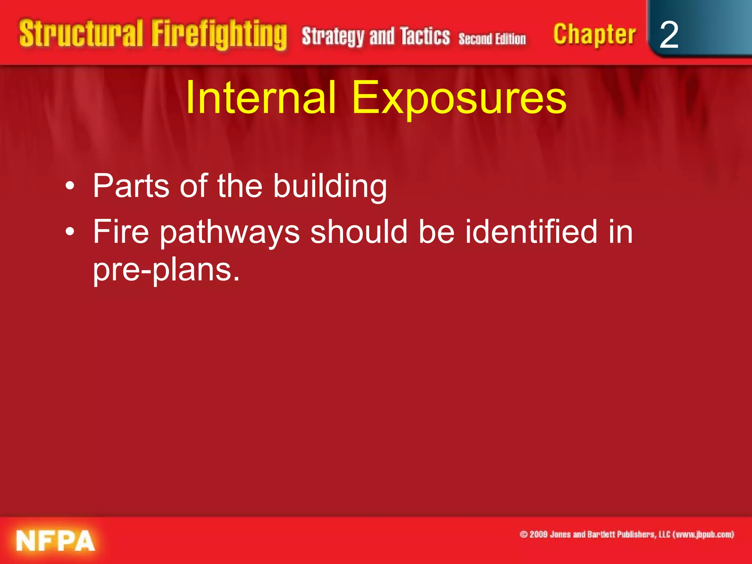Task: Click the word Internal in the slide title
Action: click(x=261, y=98)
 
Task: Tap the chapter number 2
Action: click(x=669, y=35)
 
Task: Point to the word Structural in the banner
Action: click(x=81, y=34)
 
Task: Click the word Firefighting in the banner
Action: click(x=219, y=35)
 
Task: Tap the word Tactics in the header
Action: click(x=425, y=36)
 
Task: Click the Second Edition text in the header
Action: click(x=492, y=39)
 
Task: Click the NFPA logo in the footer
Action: click(x=55, y=540)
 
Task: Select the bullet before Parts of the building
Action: click(x=70, y=187)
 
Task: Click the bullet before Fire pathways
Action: click(x=70, y=232)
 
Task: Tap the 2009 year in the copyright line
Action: click(x=539, y=534)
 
